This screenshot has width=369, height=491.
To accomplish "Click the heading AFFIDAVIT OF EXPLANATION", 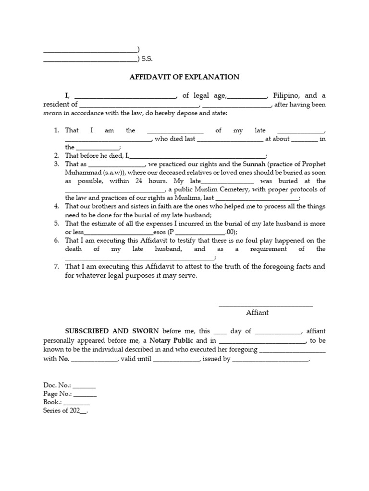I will click(184, 77).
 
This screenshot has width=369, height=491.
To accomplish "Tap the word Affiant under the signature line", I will click(257, 313).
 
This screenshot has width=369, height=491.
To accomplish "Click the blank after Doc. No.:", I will click(84, 386).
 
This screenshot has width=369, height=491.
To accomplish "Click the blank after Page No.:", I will click(85, 394).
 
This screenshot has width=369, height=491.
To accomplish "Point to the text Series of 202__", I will click(66, 411).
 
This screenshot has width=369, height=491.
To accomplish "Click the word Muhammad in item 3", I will click(82, 172).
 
